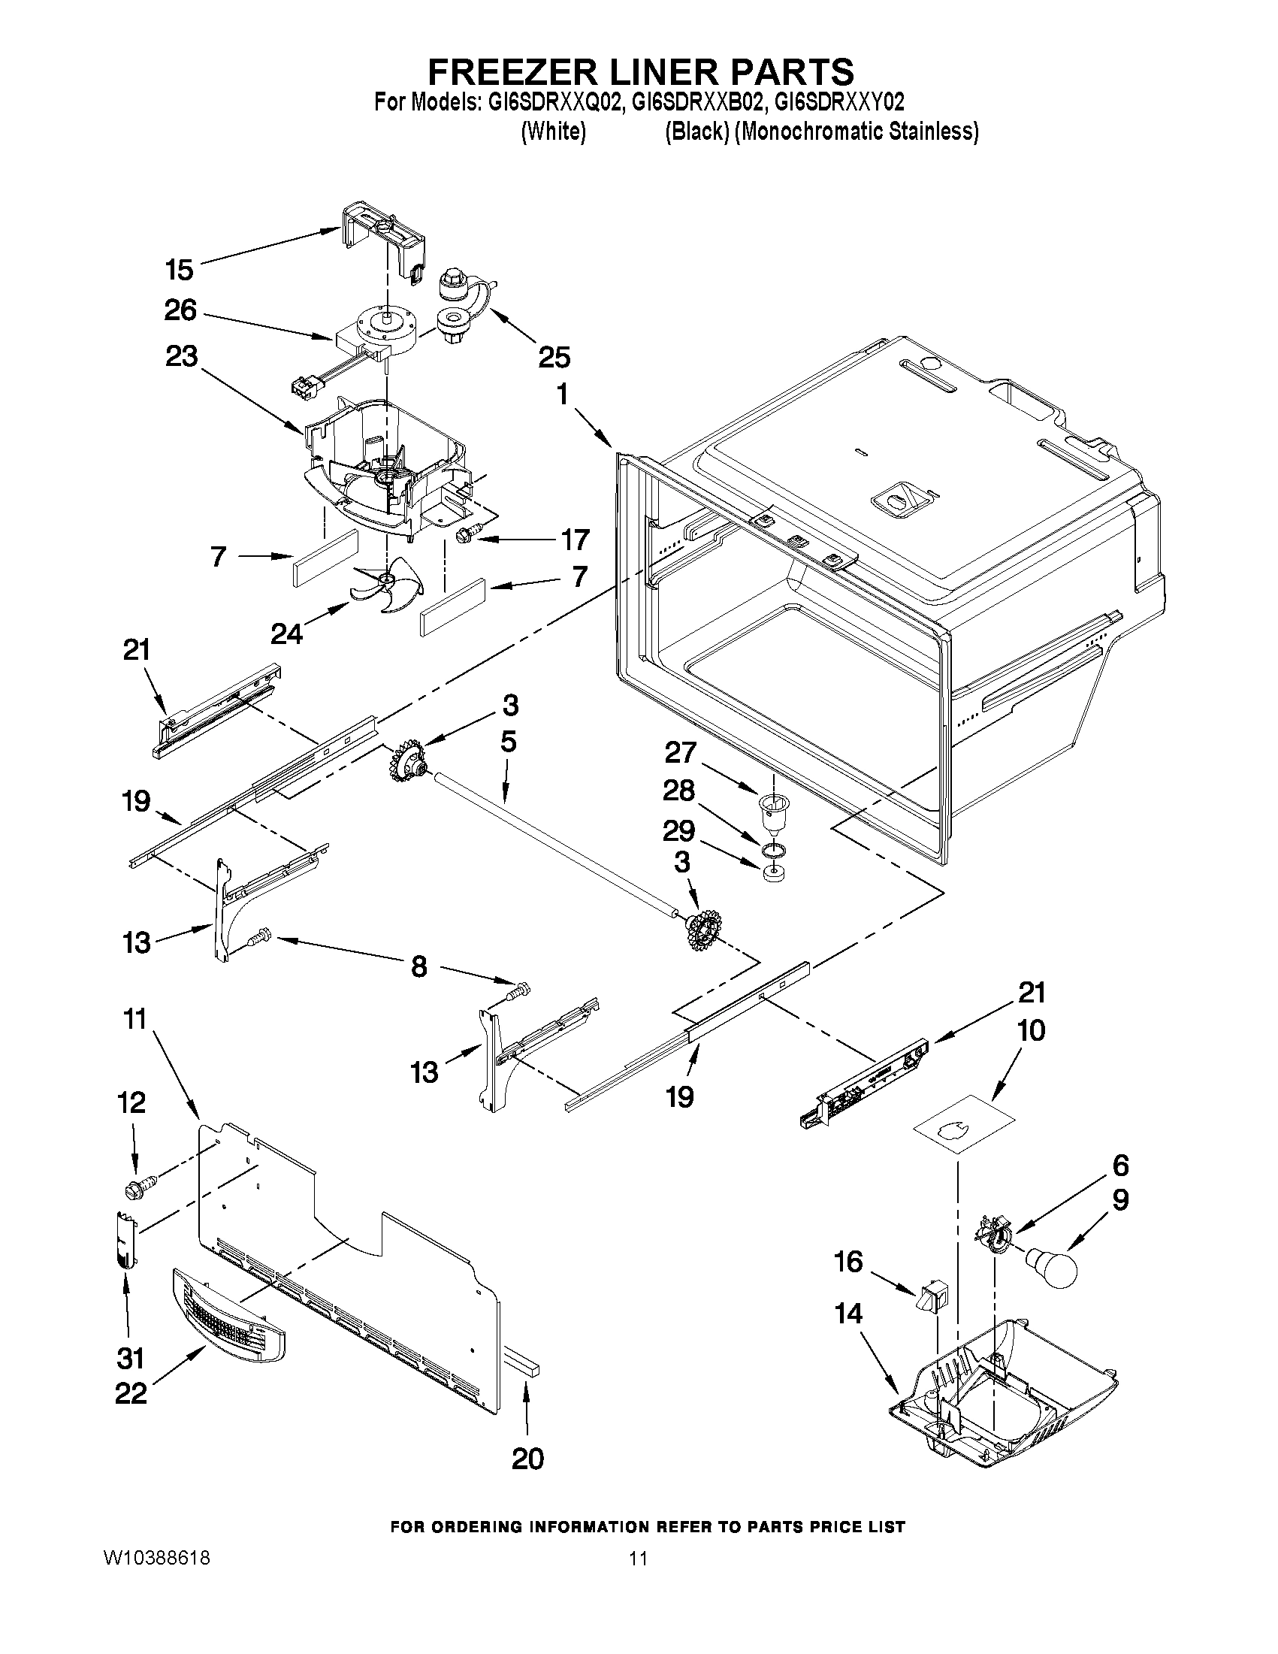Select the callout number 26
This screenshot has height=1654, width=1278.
click(x=180, y=310)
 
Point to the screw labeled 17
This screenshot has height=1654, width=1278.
click(x=464, y=536)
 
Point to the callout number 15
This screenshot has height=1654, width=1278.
click(x=180, y=270)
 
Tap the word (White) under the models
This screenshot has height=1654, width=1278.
click(x=554, y=132)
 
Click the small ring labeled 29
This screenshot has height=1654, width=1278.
click(x=772, y=875)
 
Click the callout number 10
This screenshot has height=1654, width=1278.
click(x=1031, y=1030)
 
